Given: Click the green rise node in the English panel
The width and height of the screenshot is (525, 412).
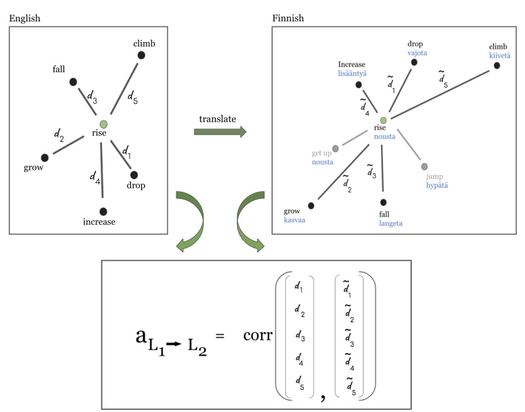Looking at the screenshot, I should pos(103,124).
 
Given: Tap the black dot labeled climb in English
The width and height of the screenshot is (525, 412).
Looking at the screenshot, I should pos(141,55).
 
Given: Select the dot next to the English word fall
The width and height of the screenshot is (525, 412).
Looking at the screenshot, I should pos(73,82).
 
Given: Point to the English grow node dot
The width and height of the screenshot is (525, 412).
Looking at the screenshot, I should pos(45,157).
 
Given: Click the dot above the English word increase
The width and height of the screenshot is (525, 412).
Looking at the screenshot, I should pos(103,211).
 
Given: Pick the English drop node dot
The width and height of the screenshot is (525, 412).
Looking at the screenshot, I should pos(134,175).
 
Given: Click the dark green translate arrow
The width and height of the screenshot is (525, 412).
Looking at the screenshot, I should pos(220,131).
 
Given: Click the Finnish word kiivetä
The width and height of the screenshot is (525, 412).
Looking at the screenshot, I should pos(500,56).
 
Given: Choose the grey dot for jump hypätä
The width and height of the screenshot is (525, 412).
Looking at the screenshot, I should pos(424,166).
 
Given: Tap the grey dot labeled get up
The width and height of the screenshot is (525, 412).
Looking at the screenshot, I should pos(336,148).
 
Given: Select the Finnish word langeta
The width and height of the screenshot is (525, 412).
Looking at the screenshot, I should pos(390,223).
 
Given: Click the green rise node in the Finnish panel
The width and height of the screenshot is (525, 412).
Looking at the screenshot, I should pos(383,120).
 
